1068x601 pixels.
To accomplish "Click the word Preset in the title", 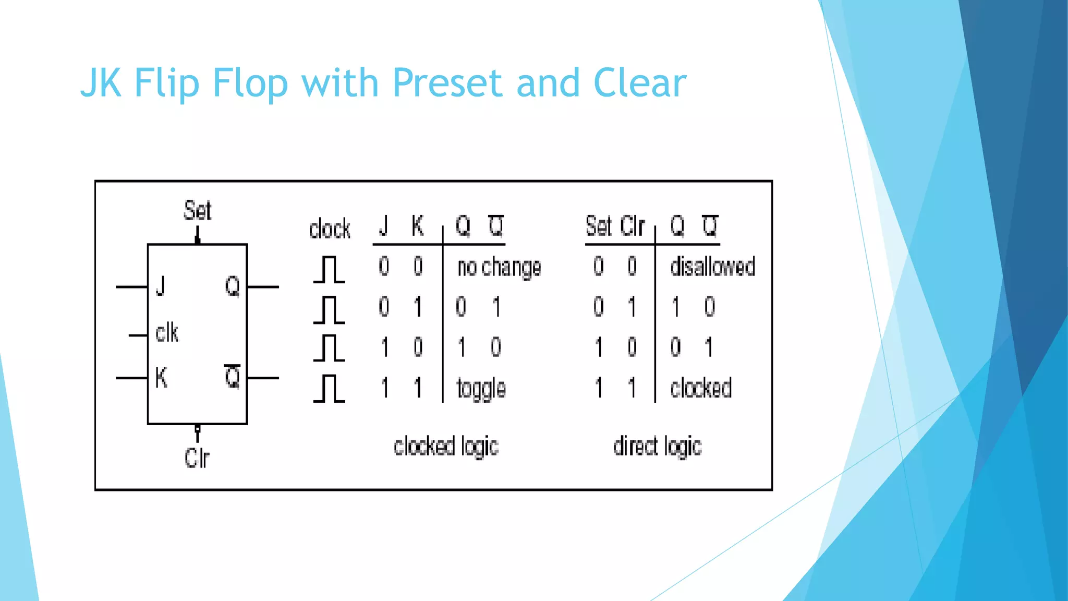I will pyautogui.click(x=447, y=83).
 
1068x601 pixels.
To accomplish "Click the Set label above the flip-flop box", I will pyautogui.click(x=198, y=211).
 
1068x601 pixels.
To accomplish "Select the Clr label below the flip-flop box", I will pyautogui.click(x=197, y=458).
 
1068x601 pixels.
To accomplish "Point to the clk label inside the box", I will pyautogui.click(x=167, y=333).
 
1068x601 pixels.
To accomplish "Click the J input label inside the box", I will pyautogui.click(x=161, y=286).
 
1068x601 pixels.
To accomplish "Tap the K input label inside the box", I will pyautogui.click(x=161, y=377).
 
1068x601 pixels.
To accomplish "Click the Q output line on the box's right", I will pyautogui.click(x=263, y=287).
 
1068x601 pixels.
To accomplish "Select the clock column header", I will pyautogui.click(x=330, y=229).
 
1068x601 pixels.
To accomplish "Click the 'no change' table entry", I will pyautogui.click(x=499, y=267).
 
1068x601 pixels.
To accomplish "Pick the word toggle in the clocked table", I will pyautogui.click(x=481, y=389).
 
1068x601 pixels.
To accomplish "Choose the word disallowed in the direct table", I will pyautogui.click(x=712, y=267).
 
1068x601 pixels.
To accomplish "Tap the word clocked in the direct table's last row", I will pyautogui.click(x=701, y=388).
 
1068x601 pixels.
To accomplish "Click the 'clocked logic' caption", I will pyautogui.click(x=446, y=447).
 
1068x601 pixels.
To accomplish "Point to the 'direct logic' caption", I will pyautogui.click(x=657, y=447).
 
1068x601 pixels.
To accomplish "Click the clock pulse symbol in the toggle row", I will pyautogui.click(x=329, y=389).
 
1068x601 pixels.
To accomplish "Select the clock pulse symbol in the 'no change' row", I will pyautogui.click(x=329, y=269).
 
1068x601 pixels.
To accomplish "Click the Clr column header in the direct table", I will pyautogui.click(x=633, y=226).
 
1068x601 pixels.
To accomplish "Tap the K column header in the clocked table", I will pyautogui.click(x=417, y=226).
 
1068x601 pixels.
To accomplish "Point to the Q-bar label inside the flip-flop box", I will pyautogui.click(x=233, y=377).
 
